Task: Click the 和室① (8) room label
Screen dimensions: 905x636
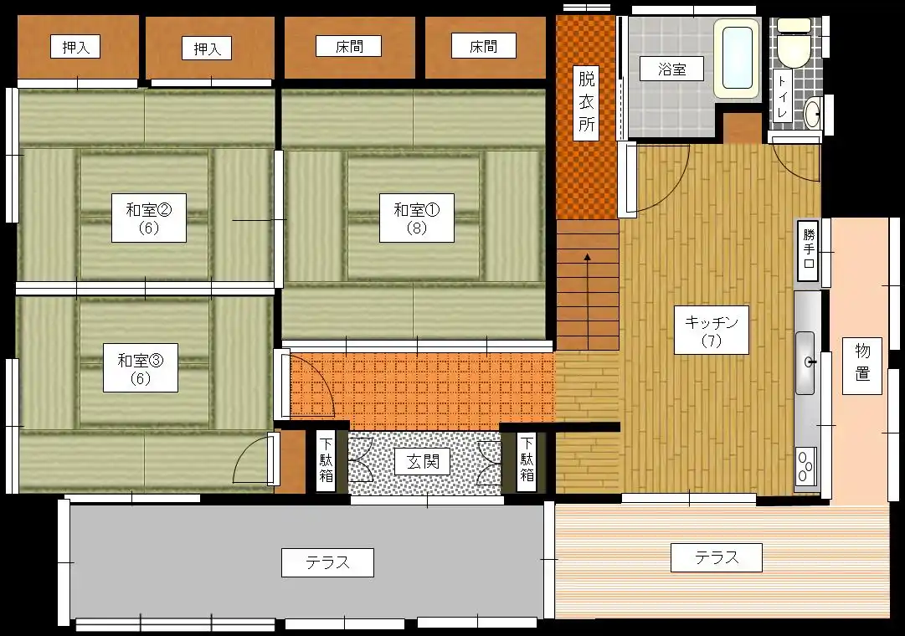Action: (416, 218)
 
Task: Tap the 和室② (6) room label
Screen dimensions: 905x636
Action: (148, 218)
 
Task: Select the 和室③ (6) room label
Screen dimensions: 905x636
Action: (141, 368)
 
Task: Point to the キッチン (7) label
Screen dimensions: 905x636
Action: (711, 330)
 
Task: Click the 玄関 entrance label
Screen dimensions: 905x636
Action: (423, 462)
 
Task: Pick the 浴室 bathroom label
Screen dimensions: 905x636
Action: (671, 69)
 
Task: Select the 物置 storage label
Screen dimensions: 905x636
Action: (862, 362)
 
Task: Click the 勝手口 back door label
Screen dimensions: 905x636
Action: (808, 251)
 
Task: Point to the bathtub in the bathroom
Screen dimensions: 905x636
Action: (737, 59)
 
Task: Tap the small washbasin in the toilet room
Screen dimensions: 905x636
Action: (814, 112)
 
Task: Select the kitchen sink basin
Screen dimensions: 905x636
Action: (805, 362)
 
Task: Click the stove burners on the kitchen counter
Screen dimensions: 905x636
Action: (805, 465)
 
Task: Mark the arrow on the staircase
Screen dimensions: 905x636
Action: (588, 300)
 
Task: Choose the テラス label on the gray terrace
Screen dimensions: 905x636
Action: (327, 562)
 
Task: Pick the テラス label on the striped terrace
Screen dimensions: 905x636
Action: (717, 557)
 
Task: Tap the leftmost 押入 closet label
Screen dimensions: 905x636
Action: (75, 47)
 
